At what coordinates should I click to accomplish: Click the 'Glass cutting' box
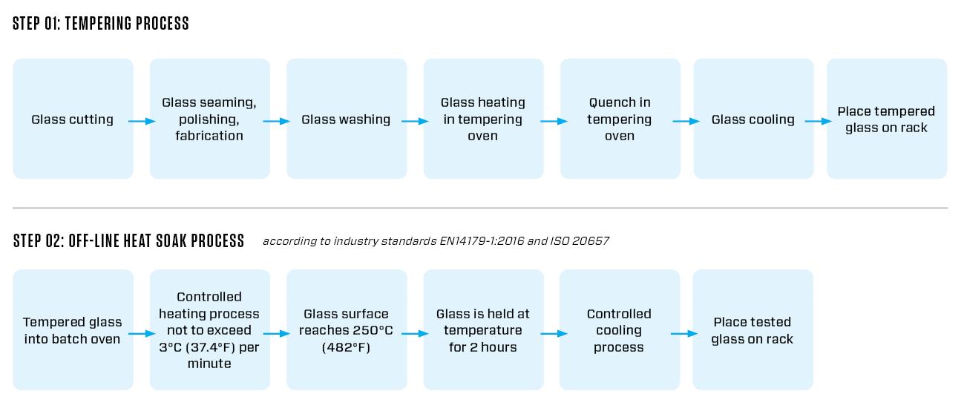pyautogui.click(x=73, y=119)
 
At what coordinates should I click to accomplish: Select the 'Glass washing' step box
pyautogui.click(x=347, y=119)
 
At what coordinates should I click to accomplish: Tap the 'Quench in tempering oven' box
pyautogui.click(x=620, y=119)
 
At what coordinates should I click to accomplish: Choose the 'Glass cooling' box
pyautogui.click(x=753, y=119)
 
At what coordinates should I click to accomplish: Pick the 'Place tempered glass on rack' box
pyautogui.click(x=887, y=119)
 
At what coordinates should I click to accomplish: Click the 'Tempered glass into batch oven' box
pyautogui.click(x=73, y=330)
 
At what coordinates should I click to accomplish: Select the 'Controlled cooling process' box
pyautogui.click(x=620, y=330)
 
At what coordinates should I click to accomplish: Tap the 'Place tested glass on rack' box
pyautogui.click(x=753, y=330)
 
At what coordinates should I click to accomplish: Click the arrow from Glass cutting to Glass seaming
pyautogui.click(x=142, y=121)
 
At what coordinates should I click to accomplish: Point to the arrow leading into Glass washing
pyautogui.click(x=277, y=121)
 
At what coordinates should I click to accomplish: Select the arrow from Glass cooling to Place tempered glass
pyautogui.click(x=818, y=121)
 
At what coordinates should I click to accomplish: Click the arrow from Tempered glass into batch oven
pyautogui.click(x=142, y=333)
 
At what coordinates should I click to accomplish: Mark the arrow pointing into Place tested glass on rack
pyautogui.click(x=684, y=333)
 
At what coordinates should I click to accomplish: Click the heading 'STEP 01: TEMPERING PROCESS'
pyautogui.click(x=101, y=23)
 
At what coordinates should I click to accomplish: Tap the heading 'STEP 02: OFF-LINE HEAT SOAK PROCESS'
pyautogui.click(x=128, y=241)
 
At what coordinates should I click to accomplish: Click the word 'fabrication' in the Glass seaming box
pyautogui.click(x=209, y=136)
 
